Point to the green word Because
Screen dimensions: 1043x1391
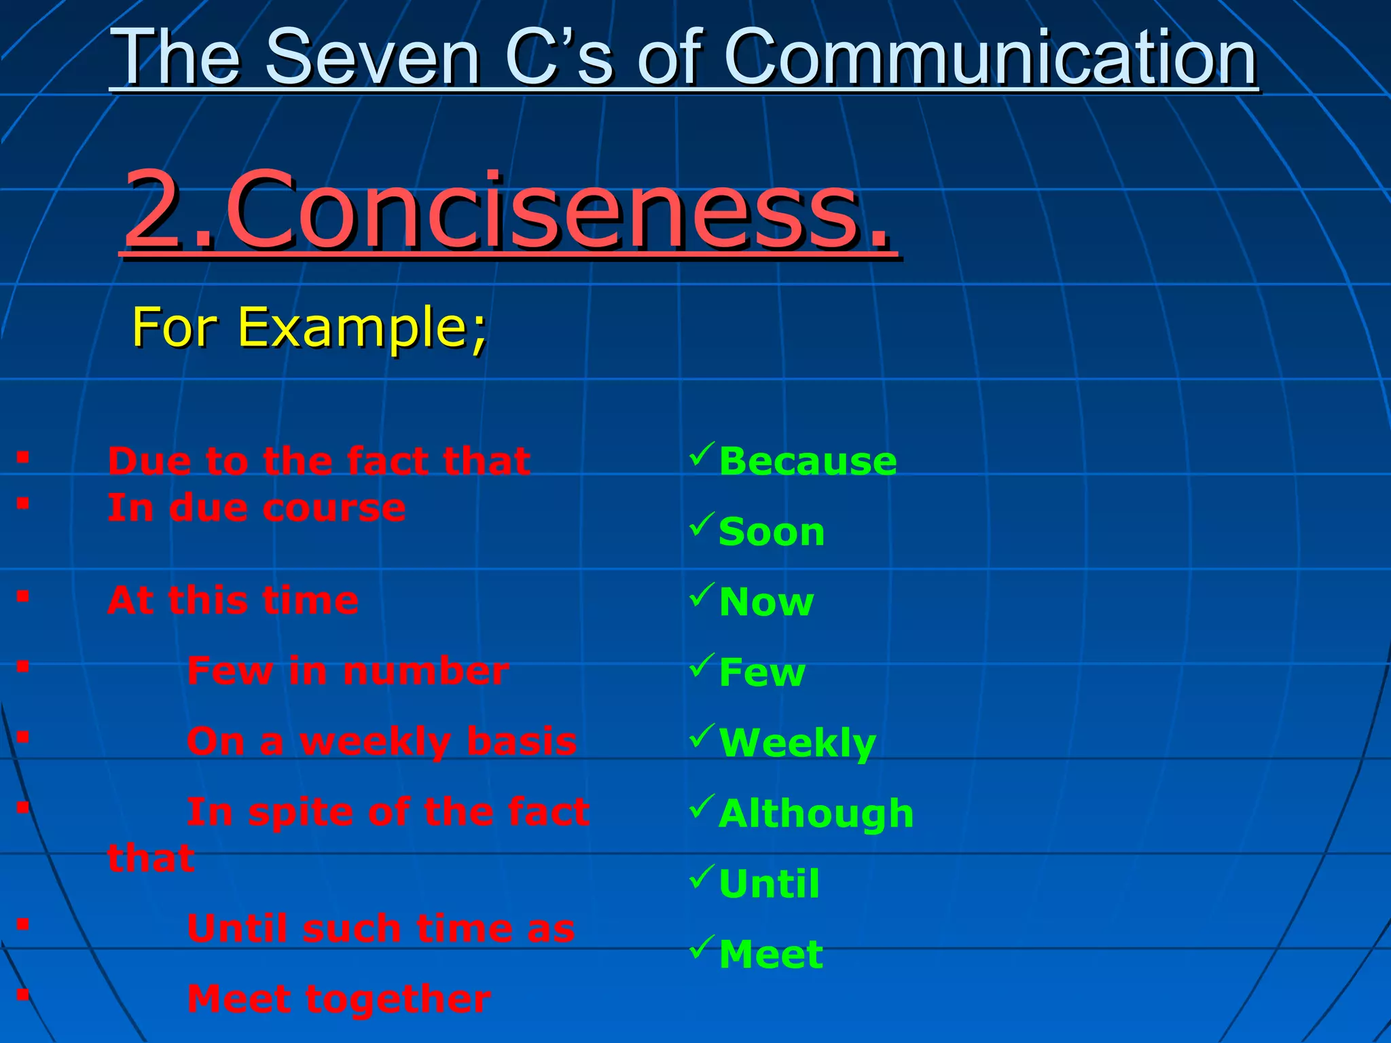coord(808,462)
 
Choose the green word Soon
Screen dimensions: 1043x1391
coord(772,532)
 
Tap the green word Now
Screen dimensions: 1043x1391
coord(766,602)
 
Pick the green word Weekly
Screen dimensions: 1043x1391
coord(797,743)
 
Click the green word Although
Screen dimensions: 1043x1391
coord(816,813)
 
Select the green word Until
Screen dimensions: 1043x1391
coord(769,884)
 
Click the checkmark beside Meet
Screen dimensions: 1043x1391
coord(702,946)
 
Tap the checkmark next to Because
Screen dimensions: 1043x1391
coord(702,454)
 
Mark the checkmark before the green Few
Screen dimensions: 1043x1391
coord(702,665)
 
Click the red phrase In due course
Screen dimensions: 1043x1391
coord(257,508)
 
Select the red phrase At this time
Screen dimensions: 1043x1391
coord(233,600)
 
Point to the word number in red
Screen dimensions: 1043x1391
coord(426,672)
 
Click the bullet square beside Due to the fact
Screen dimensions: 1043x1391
coord(23,457)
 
